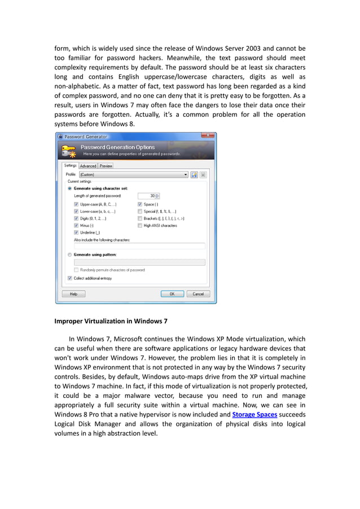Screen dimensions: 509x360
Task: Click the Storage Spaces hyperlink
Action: click(x=254, y=414)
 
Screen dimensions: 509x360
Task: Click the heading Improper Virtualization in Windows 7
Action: click(x=111, y=321)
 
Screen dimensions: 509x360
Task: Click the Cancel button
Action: click(x=198, y=294)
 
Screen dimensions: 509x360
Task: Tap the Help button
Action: click(x=73, y=294)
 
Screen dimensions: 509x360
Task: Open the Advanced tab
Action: click(x=88, y=166)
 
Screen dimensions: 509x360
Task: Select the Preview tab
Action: click(x=106, y=166)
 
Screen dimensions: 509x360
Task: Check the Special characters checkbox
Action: click(x=139, y=211)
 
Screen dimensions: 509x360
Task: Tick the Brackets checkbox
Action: click(x=139, y=218)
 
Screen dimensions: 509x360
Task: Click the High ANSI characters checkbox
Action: click(x=139, y=225)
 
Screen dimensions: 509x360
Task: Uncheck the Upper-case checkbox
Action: click(x=76, y=204)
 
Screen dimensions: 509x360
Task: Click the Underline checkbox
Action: click(x=76, y=232)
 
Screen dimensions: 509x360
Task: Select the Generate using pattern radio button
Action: click(x=69, y=254)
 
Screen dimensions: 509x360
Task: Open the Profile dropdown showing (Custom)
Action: click(x=133, y=175)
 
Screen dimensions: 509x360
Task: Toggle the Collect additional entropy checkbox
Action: click(x=69, y=278)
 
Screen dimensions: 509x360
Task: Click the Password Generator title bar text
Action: click(x=85, y=137)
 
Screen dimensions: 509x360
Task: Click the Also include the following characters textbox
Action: click(x=139, y=246)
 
